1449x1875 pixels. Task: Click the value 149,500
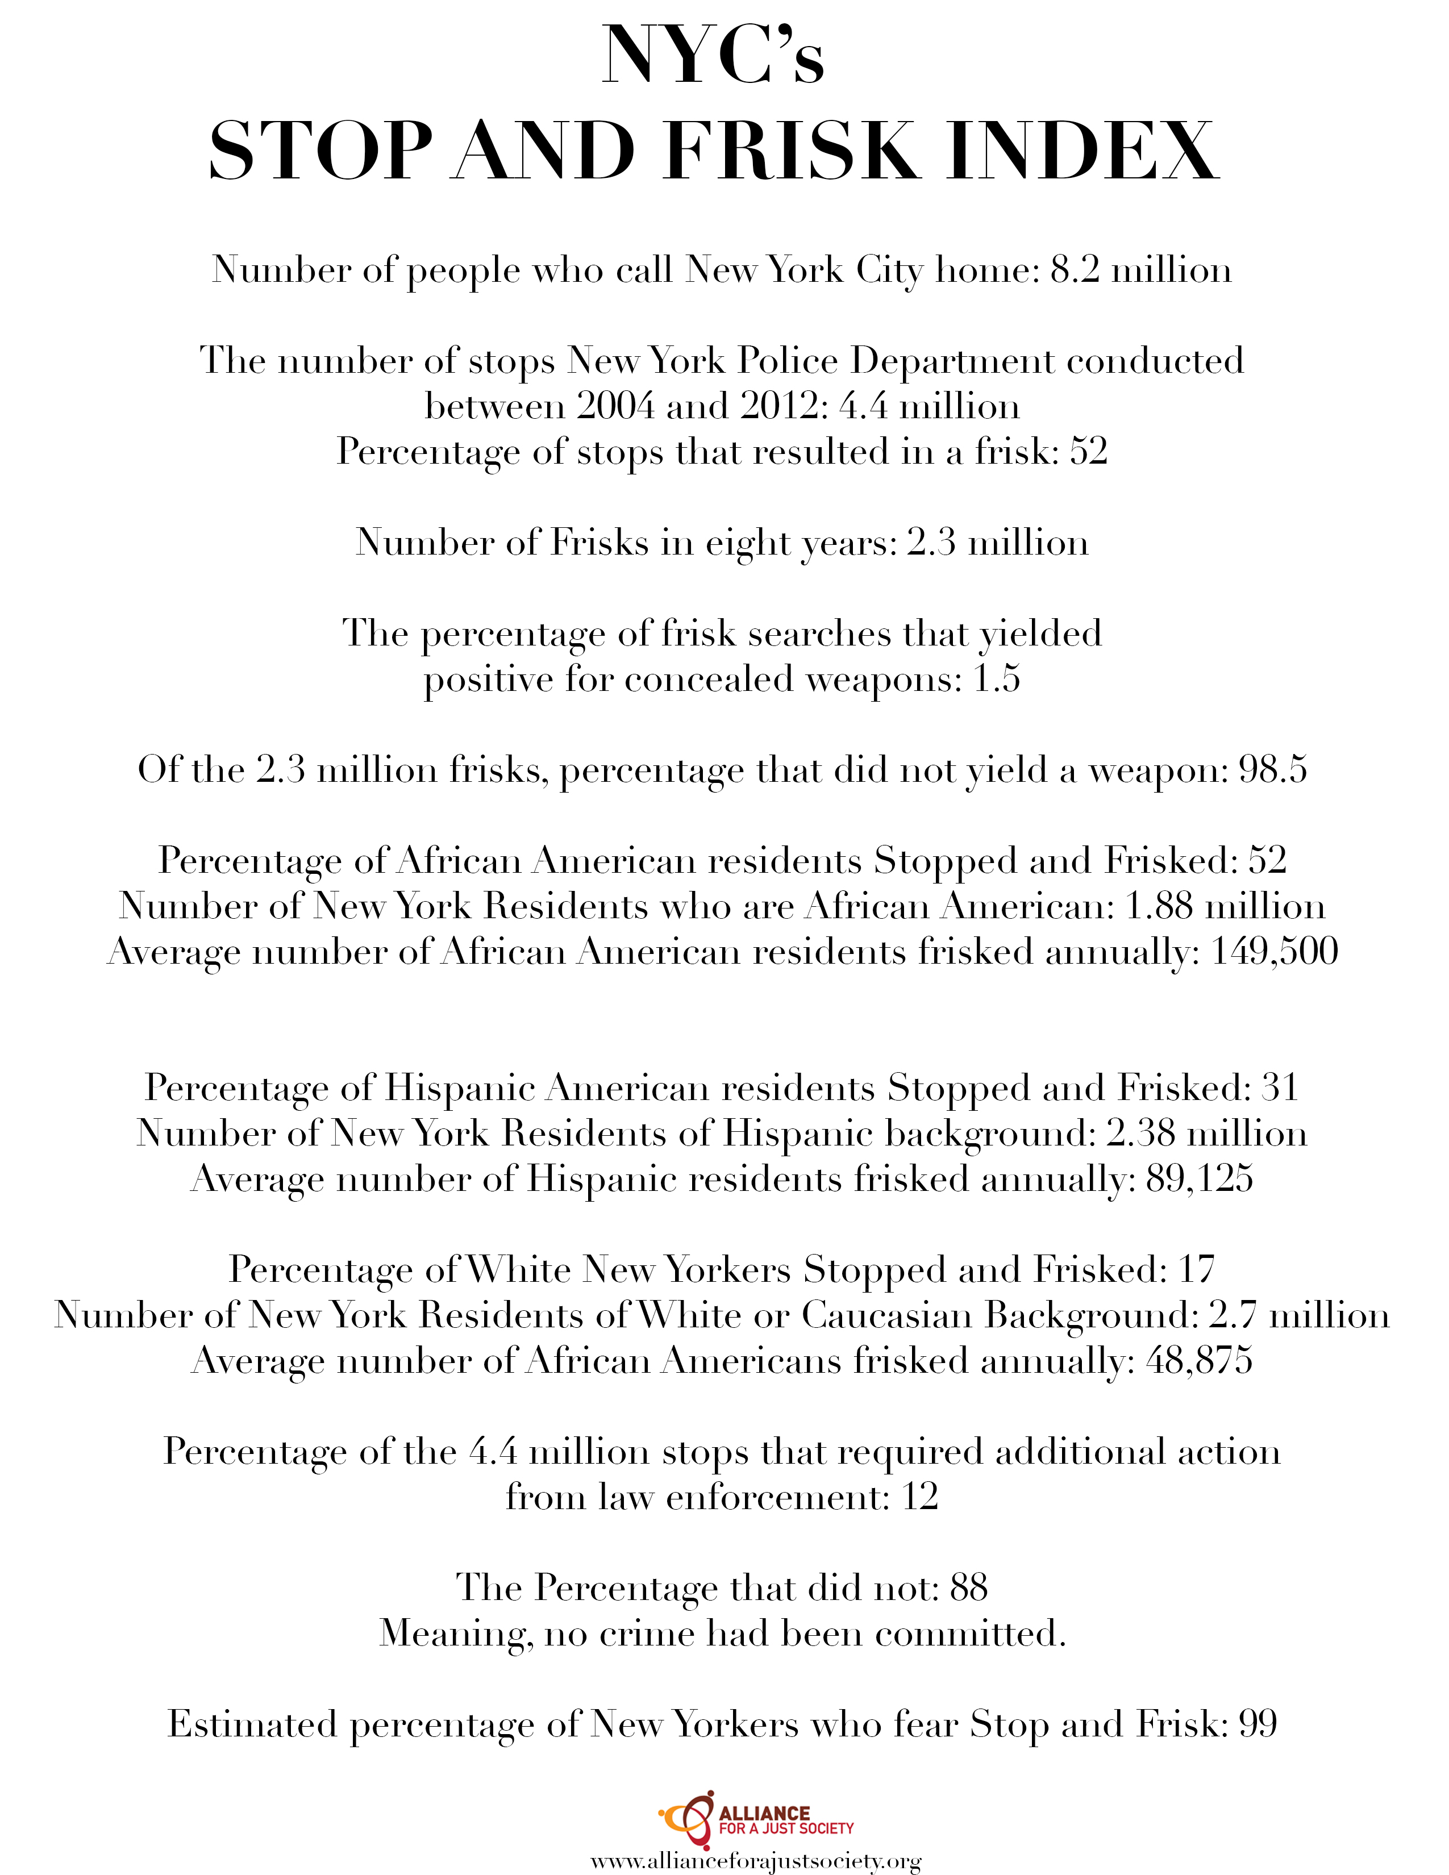(x=1274, y=951)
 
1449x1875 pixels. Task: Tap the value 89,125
(x=1199, y=1179)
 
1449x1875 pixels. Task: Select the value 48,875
(x=1199, y=1361)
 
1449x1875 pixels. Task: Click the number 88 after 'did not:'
(x=969, y=1588)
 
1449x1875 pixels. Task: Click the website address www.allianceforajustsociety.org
(x=755, y=1860)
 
